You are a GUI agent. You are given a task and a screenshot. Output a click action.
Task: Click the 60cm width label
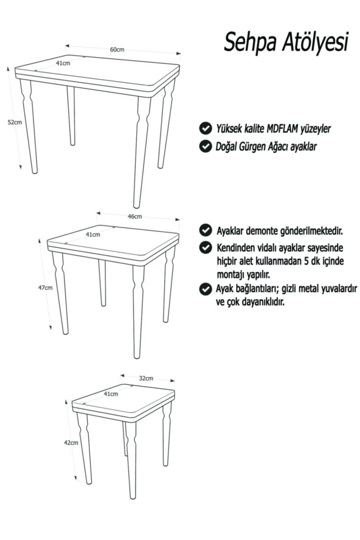[x=117, y=50]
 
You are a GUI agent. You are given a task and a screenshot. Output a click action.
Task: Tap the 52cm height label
[x=14, y=122]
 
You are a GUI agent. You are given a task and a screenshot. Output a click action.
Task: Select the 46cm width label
[x=134, y=216]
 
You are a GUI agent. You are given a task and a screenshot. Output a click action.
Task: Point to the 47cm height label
[x=45, y=288]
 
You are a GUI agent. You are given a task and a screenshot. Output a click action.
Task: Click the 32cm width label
[x=145, y=378]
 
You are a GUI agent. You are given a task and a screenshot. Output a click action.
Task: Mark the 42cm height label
[x=71, y=443]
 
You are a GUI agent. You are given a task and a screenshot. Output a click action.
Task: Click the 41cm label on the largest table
[x=63, y=63]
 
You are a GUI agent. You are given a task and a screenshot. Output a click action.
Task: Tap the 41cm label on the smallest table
[x=111, y=394]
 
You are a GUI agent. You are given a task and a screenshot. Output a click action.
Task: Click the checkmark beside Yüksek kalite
[x=206, y=128]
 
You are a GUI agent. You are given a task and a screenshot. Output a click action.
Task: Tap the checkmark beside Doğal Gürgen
[x=206, y=146]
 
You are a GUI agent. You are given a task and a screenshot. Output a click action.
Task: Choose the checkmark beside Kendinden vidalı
[x=206, y=248]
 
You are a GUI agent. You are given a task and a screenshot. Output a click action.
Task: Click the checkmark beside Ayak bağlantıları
[x=206, y=289]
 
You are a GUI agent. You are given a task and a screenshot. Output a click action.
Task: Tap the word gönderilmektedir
[x=306, y=232]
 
